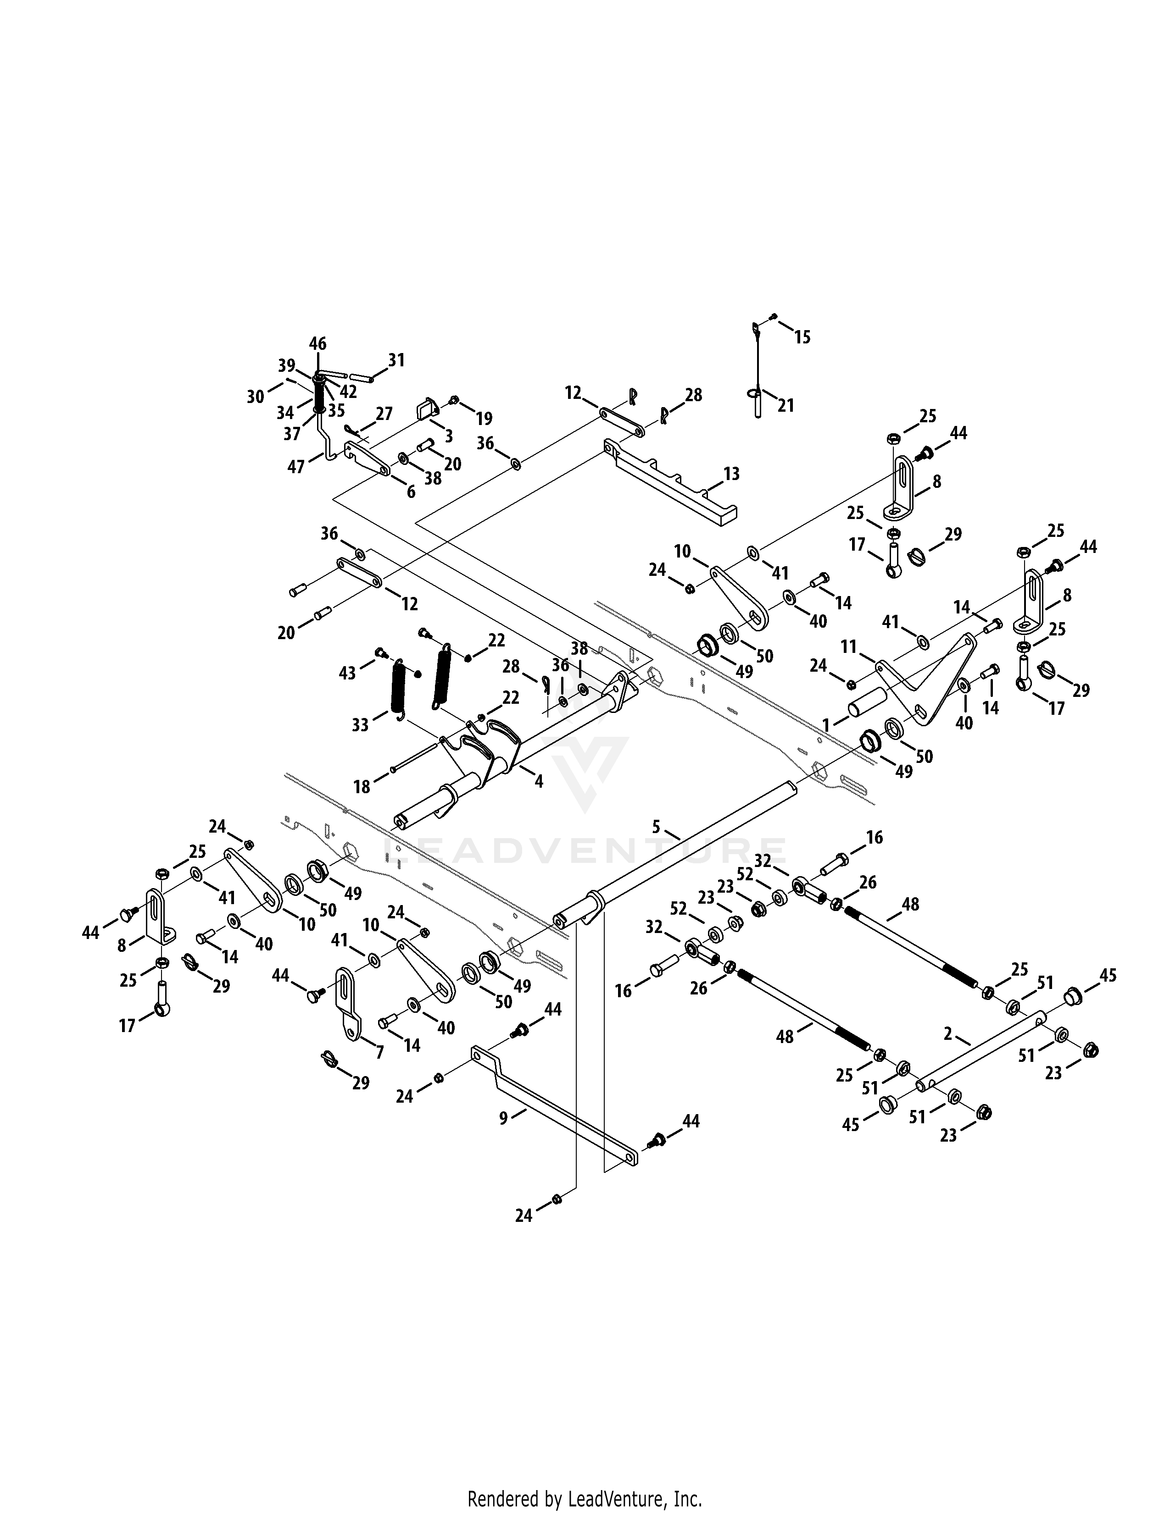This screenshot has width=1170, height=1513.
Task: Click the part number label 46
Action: coord(318,343)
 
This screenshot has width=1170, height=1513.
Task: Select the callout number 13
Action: coord(731,474)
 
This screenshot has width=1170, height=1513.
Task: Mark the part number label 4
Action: coord(539,781)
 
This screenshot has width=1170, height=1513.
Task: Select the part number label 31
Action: coord(396,360)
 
